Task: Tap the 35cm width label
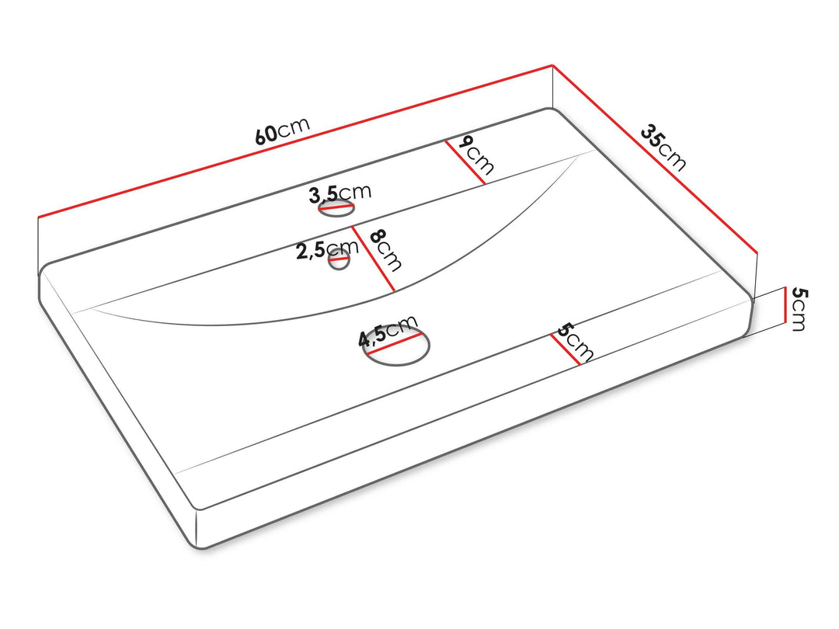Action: coord(663,148)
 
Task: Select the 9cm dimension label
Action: coord(476,155)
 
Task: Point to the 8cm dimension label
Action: coord(385,249)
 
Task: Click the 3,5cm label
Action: coord(339,193)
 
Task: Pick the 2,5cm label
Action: coord(327,250)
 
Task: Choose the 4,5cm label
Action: coord(388,331)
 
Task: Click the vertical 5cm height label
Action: coord(799,309)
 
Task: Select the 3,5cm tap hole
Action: coord(336,208)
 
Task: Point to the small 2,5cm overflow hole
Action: coord(339,259)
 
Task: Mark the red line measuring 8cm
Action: coord(373,259)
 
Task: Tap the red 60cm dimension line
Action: coord(295,141)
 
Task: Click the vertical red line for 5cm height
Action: coord(785,305)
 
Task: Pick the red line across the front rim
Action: coord(565,349)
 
